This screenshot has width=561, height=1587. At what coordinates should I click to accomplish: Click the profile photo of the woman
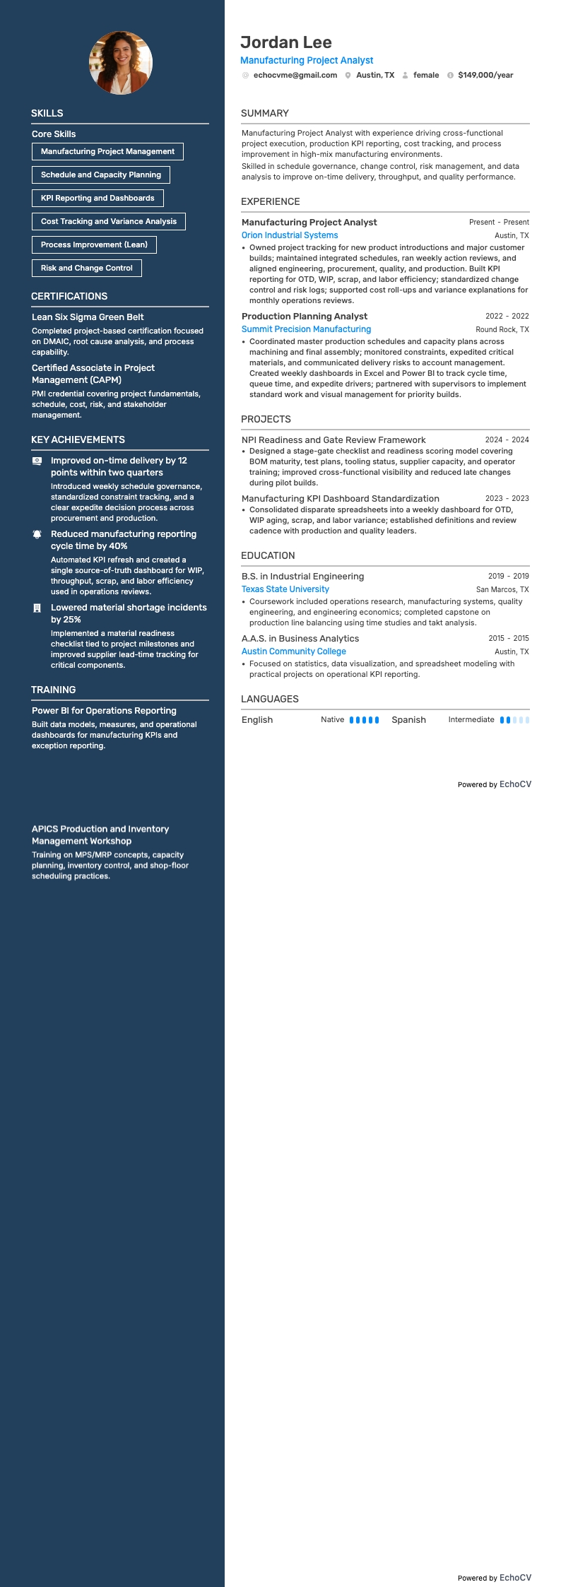(121, 63)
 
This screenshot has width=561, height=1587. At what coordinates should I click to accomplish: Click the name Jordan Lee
(285, 42)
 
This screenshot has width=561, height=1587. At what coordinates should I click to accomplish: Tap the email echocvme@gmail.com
(295, 75)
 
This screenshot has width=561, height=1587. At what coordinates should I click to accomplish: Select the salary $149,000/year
(485, 75)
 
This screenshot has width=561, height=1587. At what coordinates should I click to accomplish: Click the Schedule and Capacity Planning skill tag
(101, 175)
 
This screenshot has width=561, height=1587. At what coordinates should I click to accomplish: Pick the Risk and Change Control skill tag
(87, 268)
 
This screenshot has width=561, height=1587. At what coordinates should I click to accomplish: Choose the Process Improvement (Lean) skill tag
(94, 244)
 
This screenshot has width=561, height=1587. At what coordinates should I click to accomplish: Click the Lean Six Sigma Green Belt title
(88, 317)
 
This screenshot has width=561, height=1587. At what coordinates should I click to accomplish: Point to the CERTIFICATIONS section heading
(69, 296)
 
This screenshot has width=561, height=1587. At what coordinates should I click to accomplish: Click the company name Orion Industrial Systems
(290, 235)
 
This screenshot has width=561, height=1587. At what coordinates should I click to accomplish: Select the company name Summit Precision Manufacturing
(306, 329)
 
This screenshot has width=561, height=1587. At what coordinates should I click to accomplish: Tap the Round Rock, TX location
(502, 329)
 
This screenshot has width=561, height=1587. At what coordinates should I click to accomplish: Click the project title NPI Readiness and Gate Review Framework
(333, 439)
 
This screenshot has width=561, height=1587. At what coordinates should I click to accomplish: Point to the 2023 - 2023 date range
(507, 498)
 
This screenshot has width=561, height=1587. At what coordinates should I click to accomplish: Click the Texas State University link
(285, 589)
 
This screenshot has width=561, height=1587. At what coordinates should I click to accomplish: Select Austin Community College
(294, 651)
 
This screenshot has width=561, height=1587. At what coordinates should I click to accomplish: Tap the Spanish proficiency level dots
(514, 720)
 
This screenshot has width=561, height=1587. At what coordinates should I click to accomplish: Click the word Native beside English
(332, 720)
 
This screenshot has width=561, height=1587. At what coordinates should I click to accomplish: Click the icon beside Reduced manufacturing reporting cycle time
(37, 534)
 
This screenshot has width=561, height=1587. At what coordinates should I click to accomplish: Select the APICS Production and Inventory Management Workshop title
(100, 834)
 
